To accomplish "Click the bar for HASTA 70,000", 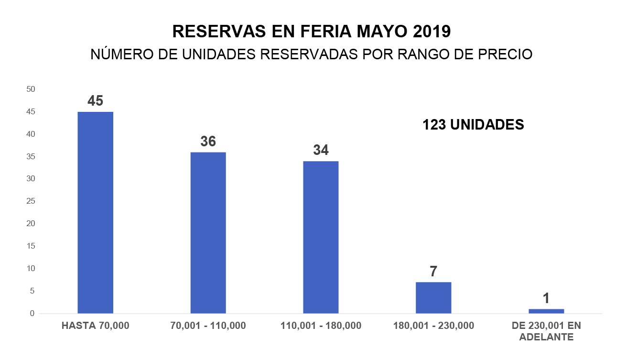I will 96,213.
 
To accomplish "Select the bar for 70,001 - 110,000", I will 208,233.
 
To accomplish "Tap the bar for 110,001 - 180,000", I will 321,237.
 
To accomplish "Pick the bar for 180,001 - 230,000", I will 433,298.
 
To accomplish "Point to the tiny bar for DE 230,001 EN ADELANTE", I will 546,311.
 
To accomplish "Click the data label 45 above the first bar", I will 96,101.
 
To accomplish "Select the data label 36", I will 208,141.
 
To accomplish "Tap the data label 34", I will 321,150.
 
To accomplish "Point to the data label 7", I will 433,272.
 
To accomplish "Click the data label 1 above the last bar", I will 546,299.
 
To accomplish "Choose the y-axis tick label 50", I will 31,89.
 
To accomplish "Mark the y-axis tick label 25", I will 31,201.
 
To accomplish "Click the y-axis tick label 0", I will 32,314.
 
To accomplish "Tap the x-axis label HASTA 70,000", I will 96,326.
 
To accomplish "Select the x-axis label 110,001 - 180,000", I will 321,326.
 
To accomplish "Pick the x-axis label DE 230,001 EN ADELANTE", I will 546,331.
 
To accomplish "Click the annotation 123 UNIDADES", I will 473,125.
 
